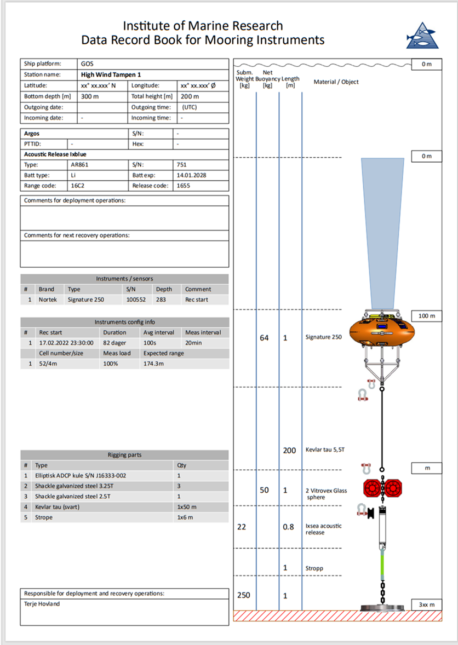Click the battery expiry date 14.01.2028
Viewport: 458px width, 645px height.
pos(192,175)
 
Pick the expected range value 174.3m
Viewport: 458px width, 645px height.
pos(154,364)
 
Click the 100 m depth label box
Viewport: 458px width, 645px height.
pos(427,316)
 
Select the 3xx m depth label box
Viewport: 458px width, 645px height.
pos(427,604)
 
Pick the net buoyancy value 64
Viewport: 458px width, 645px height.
pos(264,338)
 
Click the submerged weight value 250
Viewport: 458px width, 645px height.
pos(243,595)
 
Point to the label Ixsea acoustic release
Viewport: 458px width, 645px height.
pos(323,529)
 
